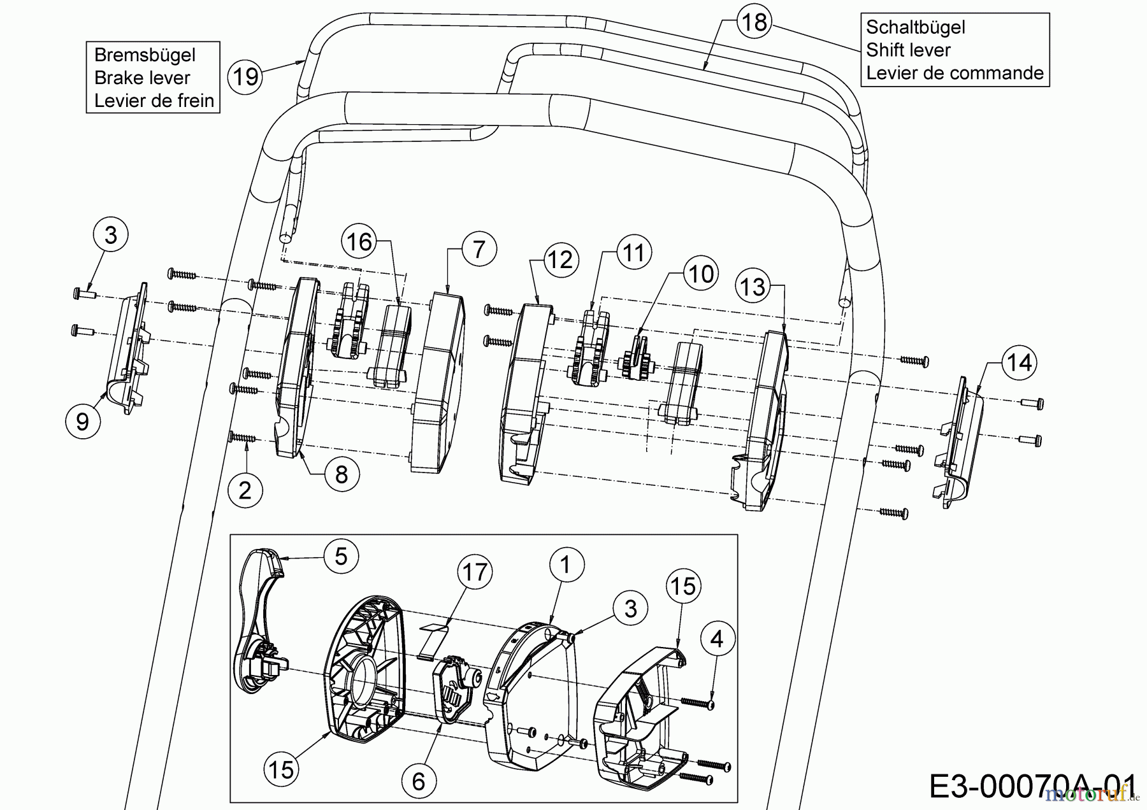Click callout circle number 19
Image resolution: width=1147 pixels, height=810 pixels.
click(x=246, y=76)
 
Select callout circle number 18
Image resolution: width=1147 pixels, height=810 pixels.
click(x=754, y=22)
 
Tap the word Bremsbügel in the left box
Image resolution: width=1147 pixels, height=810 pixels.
click(x=145, y=55)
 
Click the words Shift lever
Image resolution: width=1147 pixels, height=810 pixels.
click(x=908, y=50)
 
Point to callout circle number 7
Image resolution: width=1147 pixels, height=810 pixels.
click(x=479, y=250)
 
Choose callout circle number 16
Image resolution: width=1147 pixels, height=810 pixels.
click(x=359, y=242)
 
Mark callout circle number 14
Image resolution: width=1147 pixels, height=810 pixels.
click(x=1019, y=363)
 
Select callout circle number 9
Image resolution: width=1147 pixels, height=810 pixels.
click(x=83, y=422)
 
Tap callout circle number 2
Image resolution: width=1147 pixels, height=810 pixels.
click(x=245, y=490)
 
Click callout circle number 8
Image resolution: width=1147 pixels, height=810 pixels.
click(x=342, y=474)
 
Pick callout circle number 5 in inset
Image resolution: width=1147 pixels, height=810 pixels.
click(x=341, y=556)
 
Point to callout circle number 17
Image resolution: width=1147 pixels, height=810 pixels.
click(x=475, y=572)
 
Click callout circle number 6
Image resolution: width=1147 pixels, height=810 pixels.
click(x=419, y=781)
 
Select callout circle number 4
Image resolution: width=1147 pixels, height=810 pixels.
click(x=717, y=639)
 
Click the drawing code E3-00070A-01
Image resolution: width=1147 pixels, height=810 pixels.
click(x=1032, y=787)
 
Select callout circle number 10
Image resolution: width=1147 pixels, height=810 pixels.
click(x=701, y=274)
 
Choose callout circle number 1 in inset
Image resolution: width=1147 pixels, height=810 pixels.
click(x=565, y=564)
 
